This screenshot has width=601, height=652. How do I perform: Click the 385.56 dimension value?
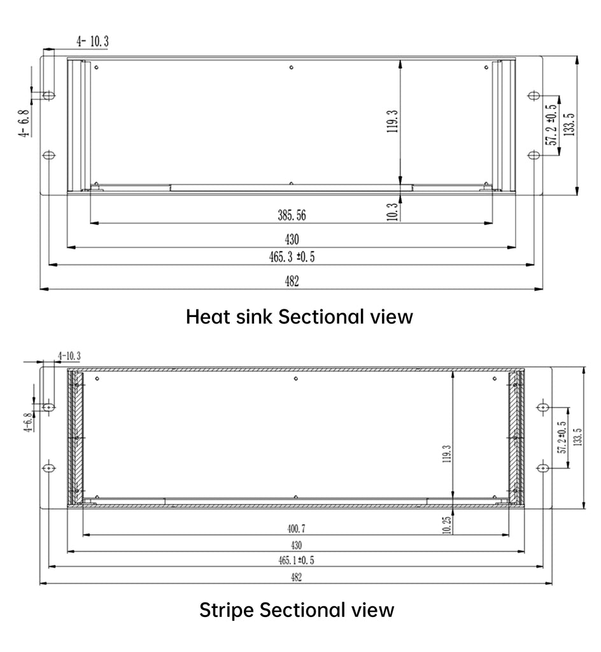coord(292,215)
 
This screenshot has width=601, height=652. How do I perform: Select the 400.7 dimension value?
coord(296,528)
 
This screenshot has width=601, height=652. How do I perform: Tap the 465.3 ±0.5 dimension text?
coord(292,257)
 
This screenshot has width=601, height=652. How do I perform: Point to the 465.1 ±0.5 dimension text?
coord(296,560)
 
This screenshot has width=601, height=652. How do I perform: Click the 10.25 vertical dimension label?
coord(447,525)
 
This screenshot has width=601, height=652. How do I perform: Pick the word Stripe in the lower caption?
coord(227,610)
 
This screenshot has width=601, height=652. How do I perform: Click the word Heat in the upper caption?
coord(208,316)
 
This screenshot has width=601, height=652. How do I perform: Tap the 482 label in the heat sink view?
coord(292,281)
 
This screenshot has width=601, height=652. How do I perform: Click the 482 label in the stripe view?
coord(296,577)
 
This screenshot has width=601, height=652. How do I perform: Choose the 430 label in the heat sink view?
coord(292,239)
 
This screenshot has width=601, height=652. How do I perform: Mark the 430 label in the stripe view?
coord(296,545)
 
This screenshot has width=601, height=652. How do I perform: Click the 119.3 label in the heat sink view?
coord(392,122)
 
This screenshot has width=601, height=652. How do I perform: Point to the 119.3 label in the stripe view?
coord(447,453)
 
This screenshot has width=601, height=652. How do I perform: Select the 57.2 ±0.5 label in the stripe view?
coord(562,437)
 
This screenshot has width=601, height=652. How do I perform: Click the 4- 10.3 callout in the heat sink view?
coord(92,41)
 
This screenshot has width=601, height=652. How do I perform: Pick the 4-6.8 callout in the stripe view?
coord(28,423)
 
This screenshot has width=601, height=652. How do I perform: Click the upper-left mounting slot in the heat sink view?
coord(49,96)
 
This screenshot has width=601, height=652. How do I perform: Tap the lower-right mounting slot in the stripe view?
coord(543,468)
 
